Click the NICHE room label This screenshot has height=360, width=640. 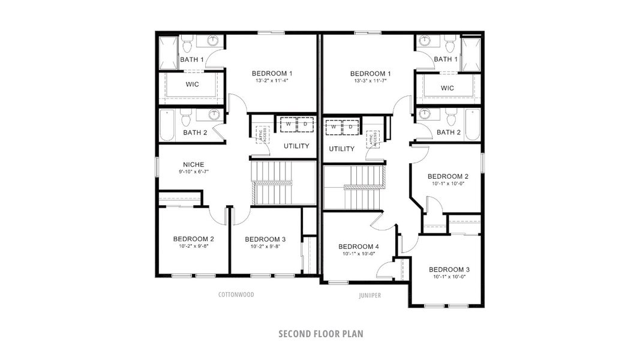coord(193,164)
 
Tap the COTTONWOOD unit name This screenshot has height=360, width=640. coord(236,295)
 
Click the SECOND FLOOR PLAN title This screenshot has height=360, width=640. coord(320,334)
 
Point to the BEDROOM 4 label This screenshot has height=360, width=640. coord(358,247)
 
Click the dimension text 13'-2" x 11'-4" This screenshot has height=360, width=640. coord(272,81)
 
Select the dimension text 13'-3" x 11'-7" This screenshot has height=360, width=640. coord(370,81)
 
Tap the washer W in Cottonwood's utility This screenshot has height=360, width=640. coord(288,124)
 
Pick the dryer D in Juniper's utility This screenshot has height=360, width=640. coord(349,128)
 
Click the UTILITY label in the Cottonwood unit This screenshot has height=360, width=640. coord(296,146)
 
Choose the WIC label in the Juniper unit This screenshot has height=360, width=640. coord(447,88)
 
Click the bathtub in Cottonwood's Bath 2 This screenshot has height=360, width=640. coord(167,125)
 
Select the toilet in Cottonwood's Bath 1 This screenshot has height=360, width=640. coord(187,44)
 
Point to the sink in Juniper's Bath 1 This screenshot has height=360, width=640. coord(425,41)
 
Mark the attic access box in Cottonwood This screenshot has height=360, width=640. coord(261,134)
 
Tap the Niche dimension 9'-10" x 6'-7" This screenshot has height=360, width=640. coord(193,172)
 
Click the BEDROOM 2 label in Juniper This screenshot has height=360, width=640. coord(447,176)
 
